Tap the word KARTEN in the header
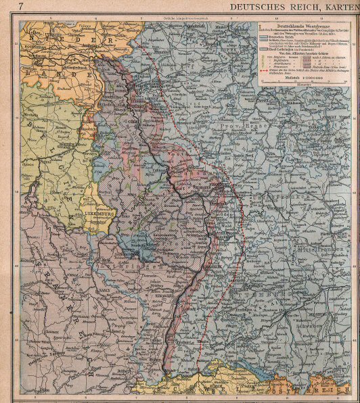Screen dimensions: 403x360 click(338, 7)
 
